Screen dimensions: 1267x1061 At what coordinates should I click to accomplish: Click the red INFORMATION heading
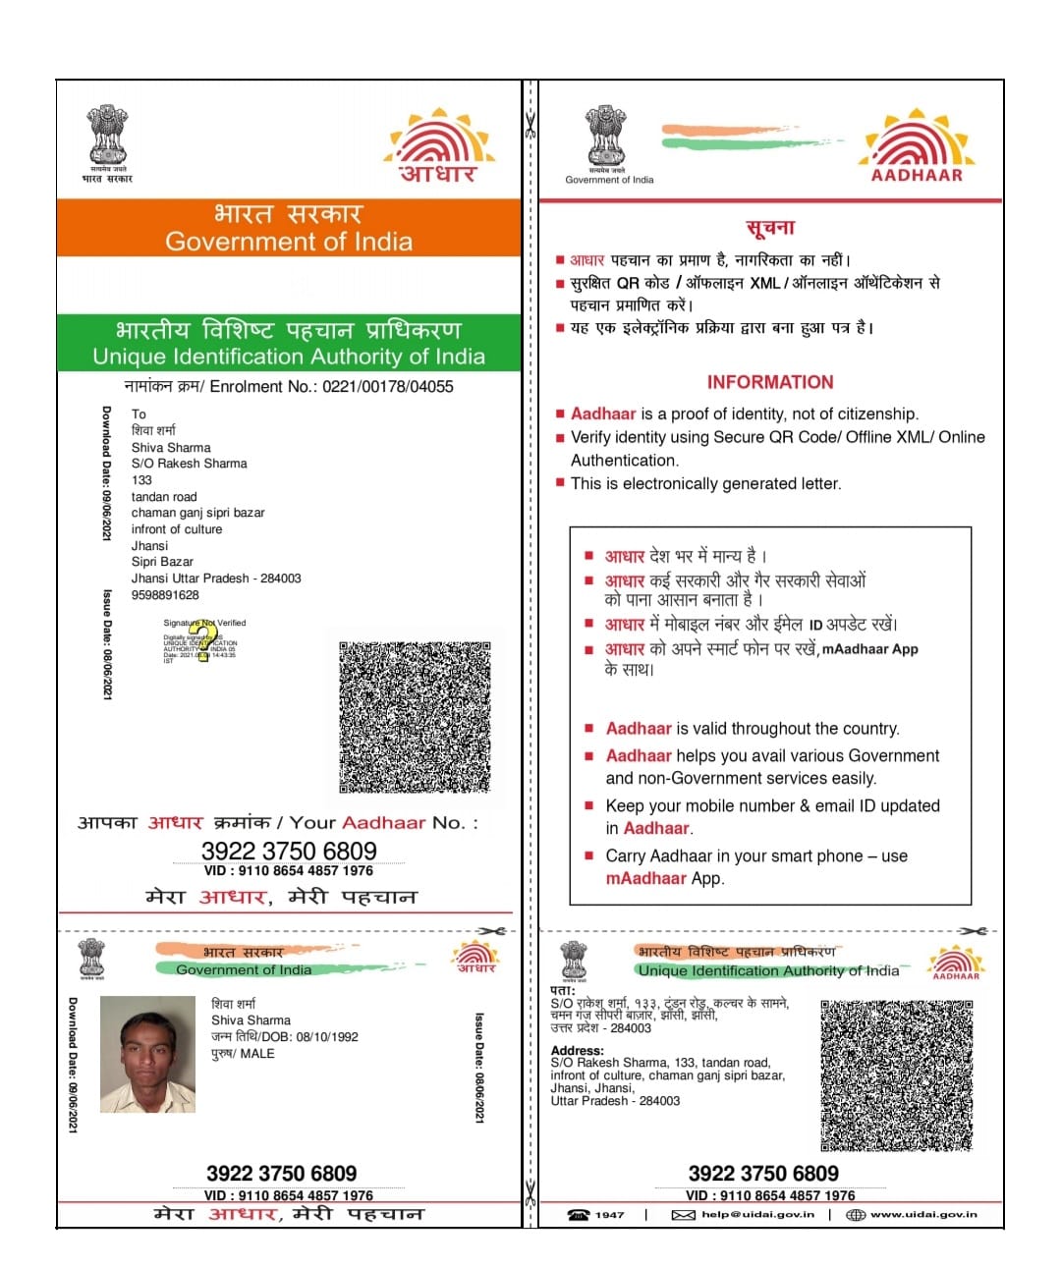point(770,383)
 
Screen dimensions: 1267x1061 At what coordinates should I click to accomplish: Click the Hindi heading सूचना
point(770,229)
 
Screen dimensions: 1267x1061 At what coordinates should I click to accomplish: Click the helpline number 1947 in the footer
point(609,1215)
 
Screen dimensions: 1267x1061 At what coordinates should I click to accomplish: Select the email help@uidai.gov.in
point(757,1215)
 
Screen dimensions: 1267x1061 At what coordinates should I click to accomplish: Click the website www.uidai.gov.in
point(923,1215)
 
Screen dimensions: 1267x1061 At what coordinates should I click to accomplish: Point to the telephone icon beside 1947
point(579,1215)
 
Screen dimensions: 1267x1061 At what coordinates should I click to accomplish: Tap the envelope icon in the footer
point(683,1215)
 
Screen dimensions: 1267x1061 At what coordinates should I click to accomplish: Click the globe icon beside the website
point(856,1215)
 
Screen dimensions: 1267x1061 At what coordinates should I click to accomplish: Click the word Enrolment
point(247,387)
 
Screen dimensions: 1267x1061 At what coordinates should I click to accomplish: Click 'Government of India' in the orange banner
point(289,242)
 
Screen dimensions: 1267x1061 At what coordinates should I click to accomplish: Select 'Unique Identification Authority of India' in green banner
point(289,357)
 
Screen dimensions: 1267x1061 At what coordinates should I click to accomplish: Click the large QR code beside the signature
point(415,717)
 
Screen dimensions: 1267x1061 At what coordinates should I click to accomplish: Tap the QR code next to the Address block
point(896,1075)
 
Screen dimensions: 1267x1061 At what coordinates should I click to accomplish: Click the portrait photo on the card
point(147,1055)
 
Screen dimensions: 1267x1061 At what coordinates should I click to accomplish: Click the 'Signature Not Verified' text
point(204,623)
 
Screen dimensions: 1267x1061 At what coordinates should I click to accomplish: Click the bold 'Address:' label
point(578,1051)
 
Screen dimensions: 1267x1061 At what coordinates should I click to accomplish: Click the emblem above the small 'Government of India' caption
point(606,138)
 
